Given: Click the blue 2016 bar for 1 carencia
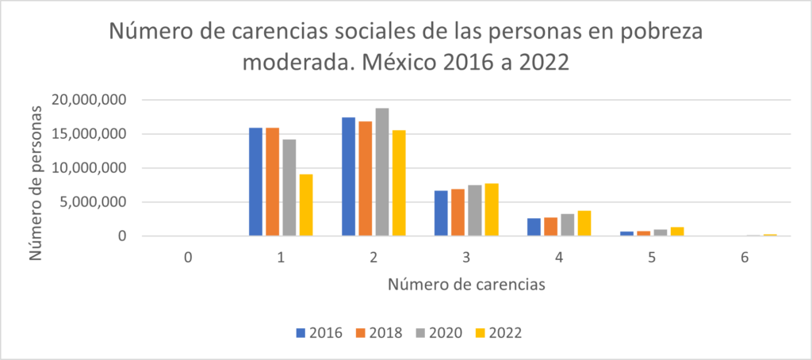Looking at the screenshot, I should tap(255, 182).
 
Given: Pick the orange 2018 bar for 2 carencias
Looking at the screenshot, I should tap(365, 178).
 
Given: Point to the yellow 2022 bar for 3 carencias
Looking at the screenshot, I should tap(491, 209).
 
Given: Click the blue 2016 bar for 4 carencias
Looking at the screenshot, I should tap(534, 227).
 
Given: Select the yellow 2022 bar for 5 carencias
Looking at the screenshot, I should tap(676, 232).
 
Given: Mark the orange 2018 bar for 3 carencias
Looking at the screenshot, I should tap(458, 213).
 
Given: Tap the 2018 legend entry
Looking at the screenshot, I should tap(377, 333).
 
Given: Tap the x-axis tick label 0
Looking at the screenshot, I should tap(187, 258).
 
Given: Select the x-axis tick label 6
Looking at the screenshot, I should tap(744, 258).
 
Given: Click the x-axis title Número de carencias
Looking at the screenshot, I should tap(465, 285).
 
